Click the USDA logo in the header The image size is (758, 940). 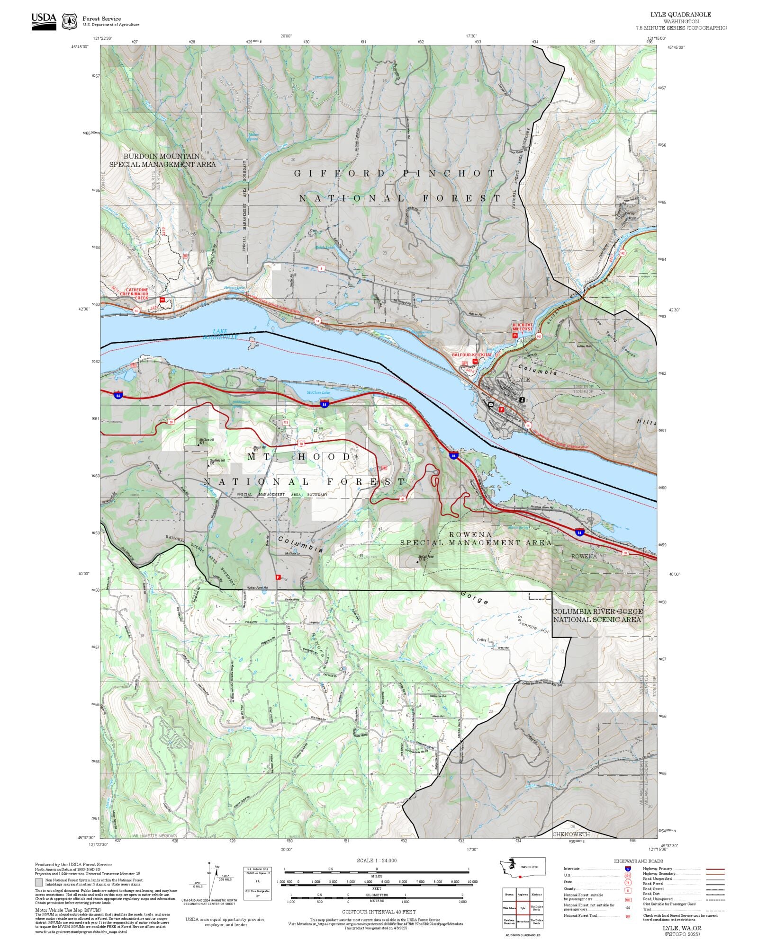[x=44, y=21]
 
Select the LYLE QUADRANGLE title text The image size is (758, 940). [x=680, y=14]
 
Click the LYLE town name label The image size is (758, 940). [x=523, y=379]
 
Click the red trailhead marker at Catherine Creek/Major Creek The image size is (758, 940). [x=162, y=300]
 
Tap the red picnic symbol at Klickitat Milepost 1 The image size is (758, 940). [x=514, y=335]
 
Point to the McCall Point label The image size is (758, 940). [x=426, y=557]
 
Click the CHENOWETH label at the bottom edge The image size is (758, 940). [x=571, y=834]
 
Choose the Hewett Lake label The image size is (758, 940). [x=235, y=287]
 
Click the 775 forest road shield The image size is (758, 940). [x=285, y=422]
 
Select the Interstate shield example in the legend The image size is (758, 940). [x=628, y=869]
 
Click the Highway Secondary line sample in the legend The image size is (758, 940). [x=715, y=873]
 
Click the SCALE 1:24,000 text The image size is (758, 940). [x=377, y=860]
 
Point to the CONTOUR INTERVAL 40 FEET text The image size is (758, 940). [x=379, y=911]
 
